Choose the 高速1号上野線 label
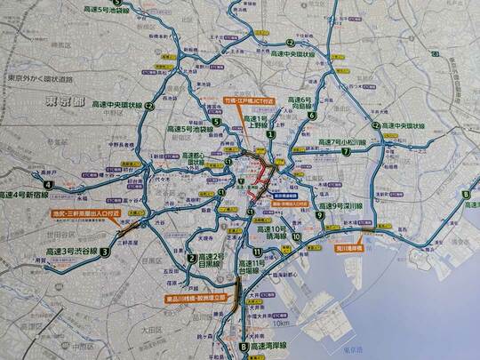[x=255, y=122]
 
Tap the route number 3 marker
[x=105, y=252]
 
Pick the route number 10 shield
[x=284, y=251]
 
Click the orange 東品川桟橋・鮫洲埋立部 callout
[x=196, y=299]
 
